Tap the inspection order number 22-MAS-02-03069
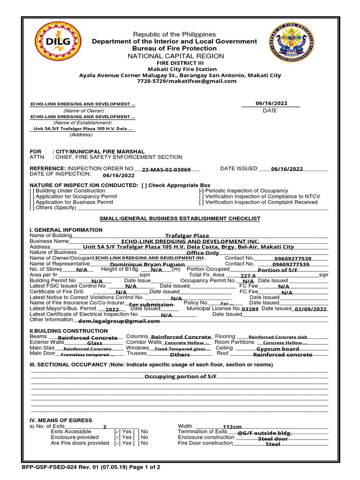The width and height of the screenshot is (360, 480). click(x=166, y=170)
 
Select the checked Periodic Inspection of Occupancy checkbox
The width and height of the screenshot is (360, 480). click(x=201, y=191)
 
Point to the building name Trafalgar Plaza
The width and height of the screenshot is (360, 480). click(x=187, y=236)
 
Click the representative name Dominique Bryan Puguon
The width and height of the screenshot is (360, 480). click(x=141, y=264)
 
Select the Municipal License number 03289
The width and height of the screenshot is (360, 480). click(x=250, y=309)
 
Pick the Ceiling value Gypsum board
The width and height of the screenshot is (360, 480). click(x=277, y=349)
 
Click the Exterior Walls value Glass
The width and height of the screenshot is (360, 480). click(x=95, y=343)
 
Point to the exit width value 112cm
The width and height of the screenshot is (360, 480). click(x=232, y=427)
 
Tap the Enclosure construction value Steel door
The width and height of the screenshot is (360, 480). click(x=273, y=439)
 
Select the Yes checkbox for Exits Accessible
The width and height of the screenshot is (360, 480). click(x=117, y=432)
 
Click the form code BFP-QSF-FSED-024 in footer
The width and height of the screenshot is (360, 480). click(x=52, y=467)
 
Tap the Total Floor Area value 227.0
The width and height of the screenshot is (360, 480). click(x=247, y=276)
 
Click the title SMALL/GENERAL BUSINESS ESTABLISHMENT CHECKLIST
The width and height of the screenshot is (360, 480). click(x=180, y=219)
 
